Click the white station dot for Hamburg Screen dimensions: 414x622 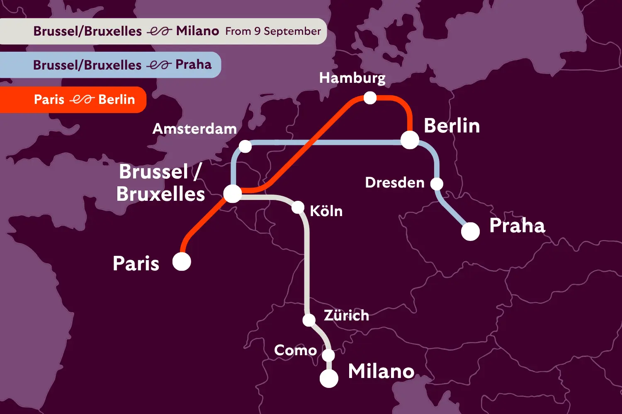pos(370,98)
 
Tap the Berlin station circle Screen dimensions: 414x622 pos(410,140)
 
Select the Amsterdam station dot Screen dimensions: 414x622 pos(245,147)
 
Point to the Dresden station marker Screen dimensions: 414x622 pos(437,184)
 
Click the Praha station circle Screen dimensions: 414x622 pos(470,231)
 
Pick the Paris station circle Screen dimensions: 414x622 pos(182,262)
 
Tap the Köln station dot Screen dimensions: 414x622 pos(298,207)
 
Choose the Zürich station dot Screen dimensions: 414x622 pos(309,320)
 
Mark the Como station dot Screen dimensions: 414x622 pos(328,355)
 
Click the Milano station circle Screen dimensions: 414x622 pos(329,378)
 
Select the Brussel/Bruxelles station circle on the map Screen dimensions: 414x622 pos(232,194)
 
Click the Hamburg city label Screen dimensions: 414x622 pos(352,78)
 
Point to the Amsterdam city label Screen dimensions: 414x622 pos(194,129)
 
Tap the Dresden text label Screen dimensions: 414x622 pos(395,183)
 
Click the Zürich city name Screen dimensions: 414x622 pos(346,315)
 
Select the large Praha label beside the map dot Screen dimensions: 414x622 pos(517,226)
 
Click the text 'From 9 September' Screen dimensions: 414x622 pos(273,31)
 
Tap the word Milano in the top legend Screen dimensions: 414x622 pos(197,31)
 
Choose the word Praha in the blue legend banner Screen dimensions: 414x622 pos(193,65)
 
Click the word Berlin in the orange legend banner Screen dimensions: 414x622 pos(117,100)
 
